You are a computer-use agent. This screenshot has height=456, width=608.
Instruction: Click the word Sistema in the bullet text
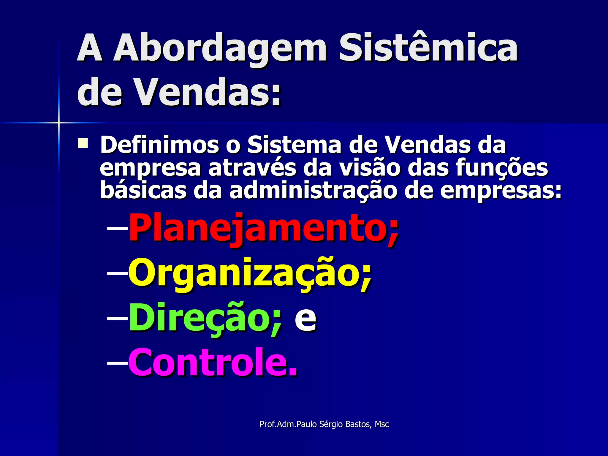click(294, 145)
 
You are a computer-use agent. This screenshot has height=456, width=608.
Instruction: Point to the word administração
click(313, 191)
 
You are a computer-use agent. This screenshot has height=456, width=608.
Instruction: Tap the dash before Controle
click(117, 362)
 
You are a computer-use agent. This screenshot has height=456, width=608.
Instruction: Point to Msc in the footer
click(382, 424)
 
